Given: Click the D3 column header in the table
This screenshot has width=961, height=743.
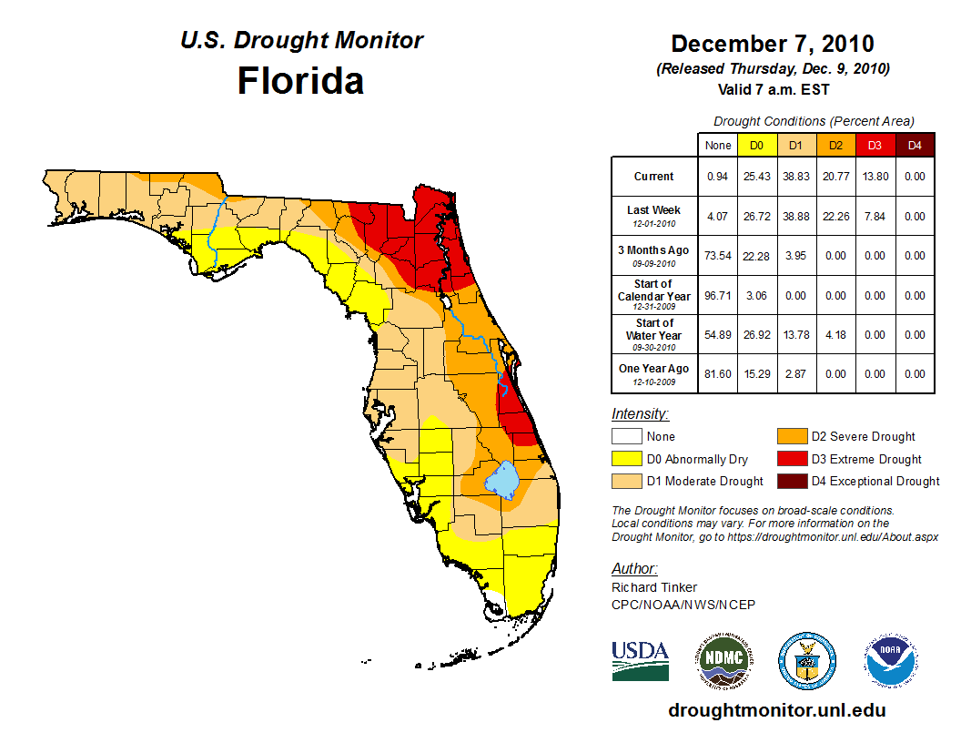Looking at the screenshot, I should tap(875, 145).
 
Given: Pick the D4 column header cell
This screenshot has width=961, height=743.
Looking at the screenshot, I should tap(915, 145).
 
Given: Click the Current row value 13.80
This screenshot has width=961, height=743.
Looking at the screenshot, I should tap(875, 177).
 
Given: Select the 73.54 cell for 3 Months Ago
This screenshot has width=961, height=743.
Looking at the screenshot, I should tap(718, 256).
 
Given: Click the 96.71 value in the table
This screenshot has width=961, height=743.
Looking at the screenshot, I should tap(718, 296).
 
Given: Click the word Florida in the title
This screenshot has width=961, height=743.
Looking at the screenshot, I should tap(300, 81).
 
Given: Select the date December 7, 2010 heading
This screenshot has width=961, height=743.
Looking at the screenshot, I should tap(773, 44).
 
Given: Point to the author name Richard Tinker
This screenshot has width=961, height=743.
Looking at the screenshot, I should tap(654, 587).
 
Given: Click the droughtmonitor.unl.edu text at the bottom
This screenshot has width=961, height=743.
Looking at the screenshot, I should tap(776, 710).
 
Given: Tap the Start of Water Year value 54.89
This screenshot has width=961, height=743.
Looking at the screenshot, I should tap(718, 335).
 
